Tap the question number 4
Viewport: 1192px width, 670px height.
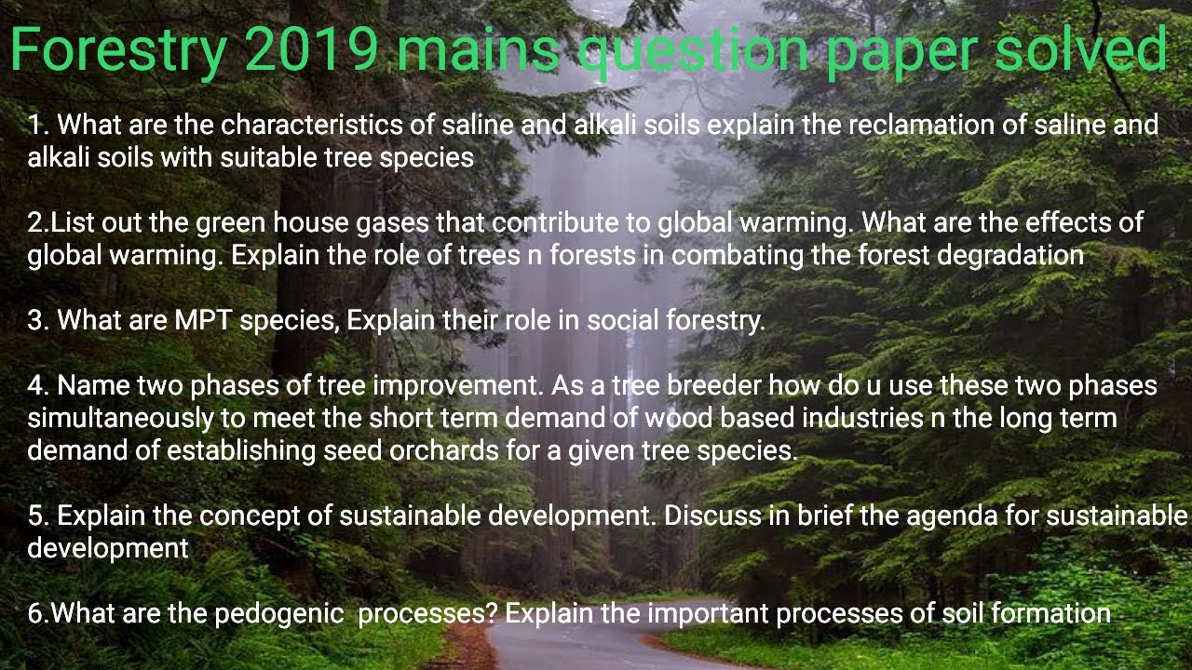coord(35,385)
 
